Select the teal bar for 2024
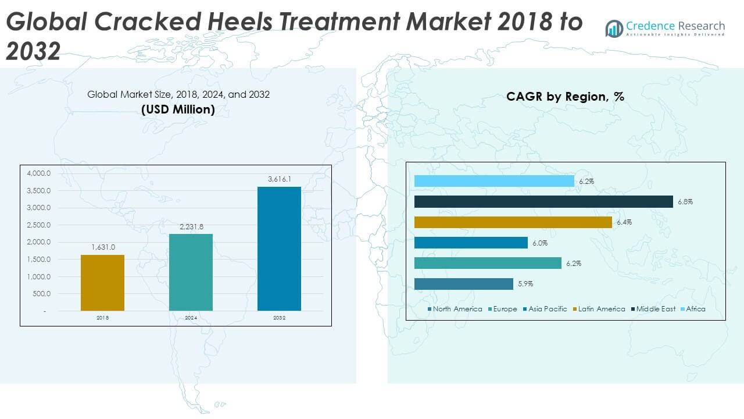pos(191,272)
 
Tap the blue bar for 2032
pos(279,248)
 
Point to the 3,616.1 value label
pos(279,180)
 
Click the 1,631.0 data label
pos(103,248)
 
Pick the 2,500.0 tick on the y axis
pos(39,225)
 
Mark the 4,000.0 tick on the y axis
pos(39,173)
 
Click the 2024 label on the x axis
pos(191,318)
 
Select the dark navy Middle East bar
pos(543,202)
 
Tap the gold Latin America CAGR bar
pos(513,222)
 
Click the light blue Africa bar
pos(494,182)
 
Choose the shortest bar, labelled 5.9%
pos(463,284)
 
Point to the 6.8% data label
pos(685,202)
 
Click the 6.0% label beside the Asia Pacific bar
pos(540,243)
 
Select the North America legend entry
pos(455,309)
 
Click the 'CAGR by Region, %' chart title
pos(565,97)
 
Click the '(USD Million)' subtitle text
pos(178,109)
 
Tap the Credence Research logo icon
pos(614,28)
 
